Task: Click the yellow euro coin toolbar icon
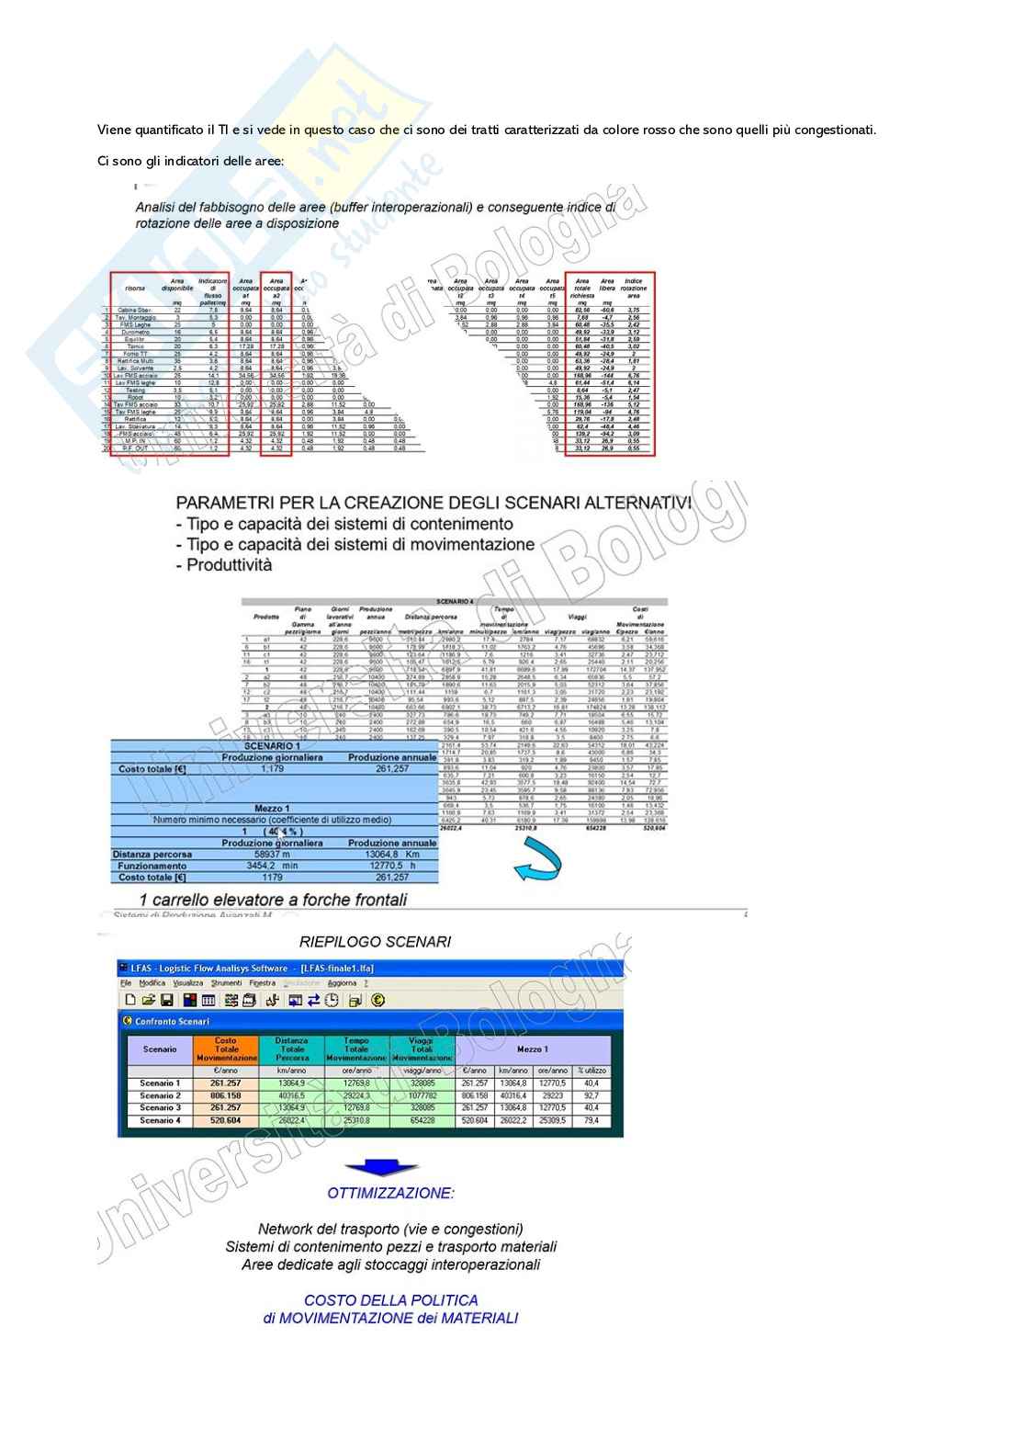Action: click(x=377, y=1001)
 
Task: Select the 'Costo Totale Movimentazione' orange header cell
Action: click(x=226, y=1050)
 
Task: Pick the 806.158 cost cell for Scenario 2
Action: click(x=226, y=1095)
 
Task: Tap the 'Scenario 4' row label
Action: click(x=159, y=1120)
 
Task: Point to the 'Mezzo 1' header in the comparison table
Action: click(x=532, y=1049)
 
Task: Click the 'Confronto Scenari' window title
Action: click(x=173, y=1021)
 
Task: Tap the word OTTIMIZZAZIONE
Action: click(x=390, y=1193)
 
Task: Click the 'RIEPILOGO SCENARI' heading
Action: click(x=375, y=941)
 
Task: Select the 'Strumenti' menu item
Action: click(x=227, y=983)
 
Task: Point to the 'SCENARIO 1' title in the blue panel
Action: click(x=272, y=745)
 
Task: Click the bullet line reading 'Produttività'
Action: click(x=224, y=565)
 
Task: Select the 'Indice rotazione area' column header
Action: click(x=633, y=288)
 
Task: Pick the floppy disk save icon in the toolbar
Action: click(x=167, y=1001)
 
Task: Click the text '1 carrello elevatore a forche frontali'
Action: click(x=273, y=900)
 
